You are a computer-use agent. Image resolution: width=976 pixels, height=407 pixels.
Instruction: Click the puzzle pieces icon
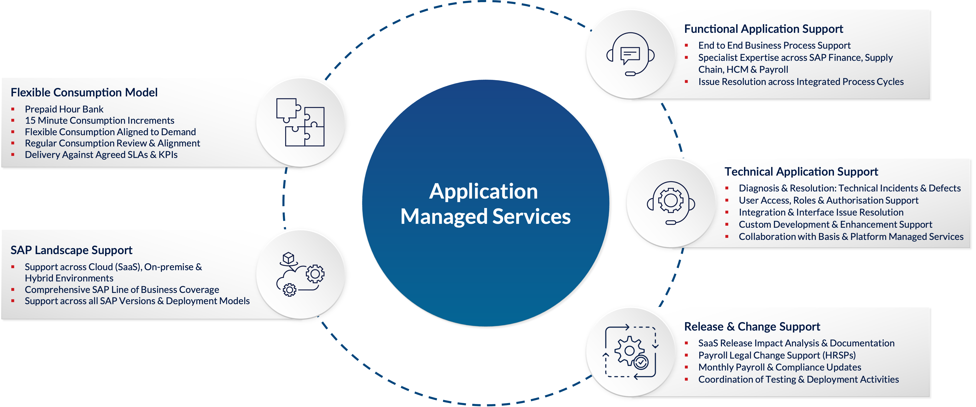300,122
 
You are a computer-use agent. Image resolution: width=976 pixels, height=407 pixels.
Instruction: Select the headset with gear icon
671,203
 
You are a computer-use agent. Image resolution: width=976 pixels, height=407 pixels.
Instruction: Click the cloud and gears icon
300,274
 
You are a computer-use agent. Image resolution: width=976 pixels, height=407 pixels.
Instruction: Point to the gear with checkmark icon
630,352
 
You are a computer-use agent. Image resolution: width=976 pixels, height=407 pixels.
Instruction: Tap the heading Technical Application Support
801,172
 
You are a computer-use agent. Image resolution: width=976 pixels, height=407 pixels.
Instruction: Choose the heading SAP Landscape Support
71,250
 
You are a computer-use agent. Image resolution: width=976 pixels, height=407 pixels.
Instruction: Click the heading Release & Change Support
752,326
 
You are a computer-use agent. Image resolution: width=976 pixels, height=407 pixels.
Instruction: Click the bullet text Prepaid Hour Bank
64,109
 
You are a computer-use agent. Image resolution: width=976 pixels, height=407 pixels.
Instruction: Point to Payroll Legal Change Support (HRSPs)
777,355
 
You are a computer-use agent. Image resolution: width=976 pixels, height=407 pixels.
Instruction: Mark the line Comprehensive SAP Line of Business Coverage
122,290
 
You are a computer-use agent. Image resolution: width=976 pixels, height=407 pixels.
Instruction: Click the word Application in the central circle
483,191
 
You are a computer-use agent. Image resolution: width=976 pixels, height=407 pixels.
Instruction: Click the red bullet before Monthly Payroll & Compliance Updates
686,367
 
